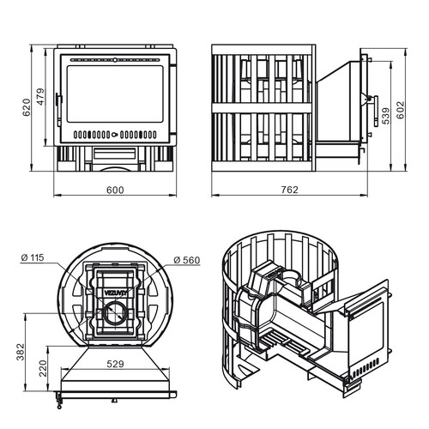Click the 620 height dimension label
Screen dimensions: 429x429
pos(26,107)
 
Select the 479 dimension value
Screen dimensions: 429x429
pos(40,97)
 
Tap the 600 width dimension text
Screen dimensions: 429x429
pos(115,190)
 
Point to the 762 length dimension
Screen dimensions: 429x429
pos(289,190)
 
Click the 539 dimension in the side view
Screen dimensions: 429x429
pos(386,116)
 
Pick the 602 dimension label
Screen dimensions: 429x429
pos(401,110)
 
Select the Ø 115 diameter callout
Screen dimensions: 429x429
pos(33,257)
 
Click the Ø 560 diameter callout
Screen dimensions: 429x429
pos(187,260)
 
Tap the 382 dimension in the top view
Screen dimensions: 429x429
pos(21,352)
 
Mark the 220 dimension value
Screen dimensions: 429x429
pos(42,368)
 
